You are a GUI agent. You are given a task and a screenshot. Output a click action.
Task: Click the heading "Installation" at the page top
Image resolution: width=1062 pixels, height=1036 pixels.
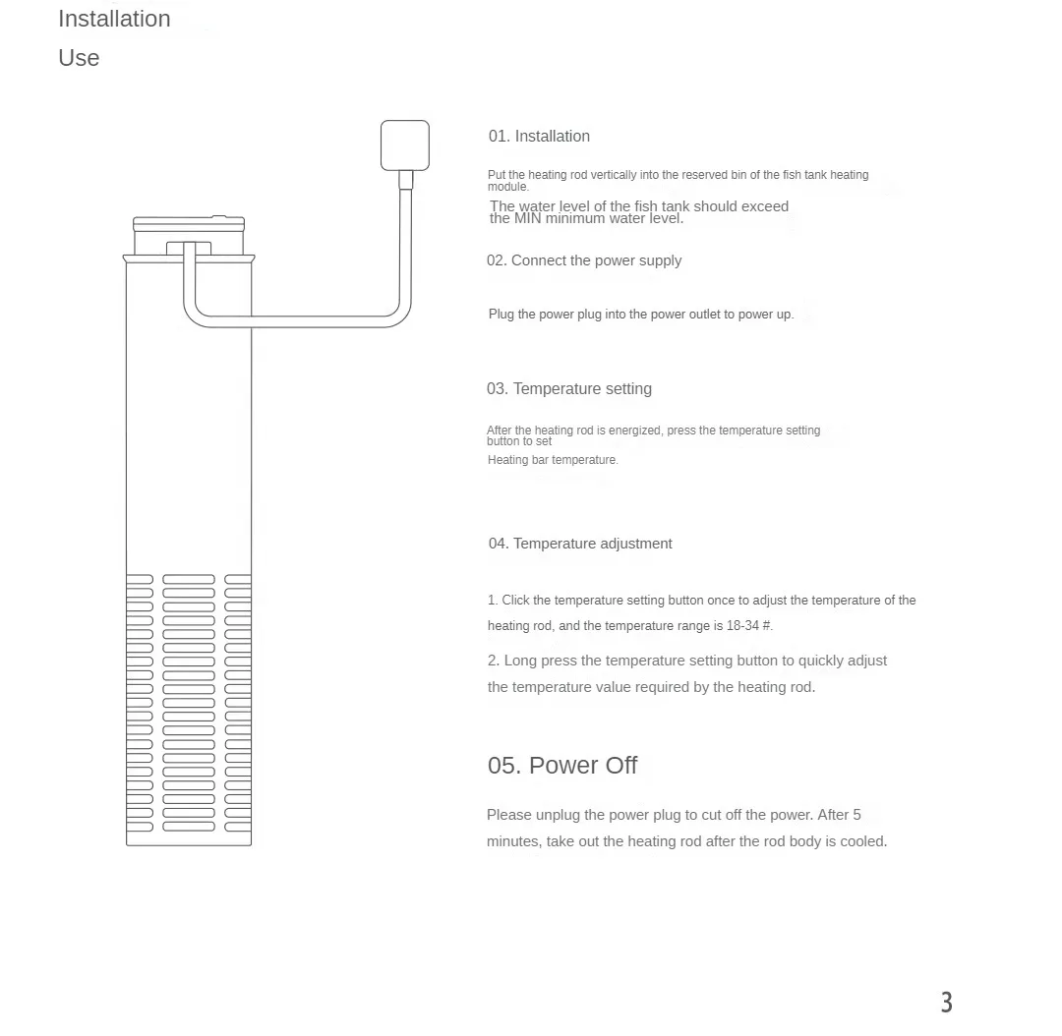114,19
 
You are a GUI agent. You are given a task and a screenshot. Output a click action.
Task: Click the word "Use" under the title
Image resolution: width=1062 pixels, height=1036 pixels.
79,58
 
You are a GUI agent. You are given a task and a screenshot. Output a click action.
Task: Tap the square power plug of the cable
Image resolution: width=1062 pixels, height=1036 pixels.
404,144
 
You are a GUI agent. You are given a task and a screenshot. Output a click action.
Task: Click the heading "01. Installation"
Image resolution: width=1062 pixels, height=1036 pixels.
539,137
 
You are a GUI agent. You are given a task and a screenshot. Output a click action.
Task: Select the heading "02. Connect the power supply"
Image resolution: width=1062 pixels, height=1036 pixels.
583,260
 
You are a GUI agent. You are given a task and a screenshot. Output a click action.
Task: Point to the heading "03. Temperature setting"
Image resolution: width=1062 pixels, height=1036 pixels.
568,389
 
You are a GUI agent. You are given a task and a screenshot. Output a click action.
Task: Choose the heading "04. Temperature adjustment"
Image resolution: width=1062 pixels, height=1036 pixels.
580,544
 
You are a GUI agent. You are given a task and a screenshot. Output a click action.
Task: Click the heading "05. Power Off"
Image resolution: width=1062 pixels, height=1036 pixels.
562,766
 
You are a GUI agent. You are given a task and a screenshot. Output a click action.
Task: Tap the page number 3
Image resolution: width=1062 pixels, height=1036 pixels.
946,1003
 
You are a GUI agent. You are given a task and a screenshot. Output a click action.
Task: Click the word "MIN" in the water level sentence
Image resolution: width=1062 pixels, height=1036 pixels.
528,218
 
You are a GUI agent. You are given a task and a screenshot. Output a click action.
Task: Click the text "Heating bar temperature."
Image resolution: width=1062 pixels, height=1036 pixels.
553,460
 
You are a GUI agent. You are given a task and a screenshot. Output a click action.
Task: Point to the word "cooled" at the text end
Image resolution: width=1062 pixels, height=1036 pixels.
861,841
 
